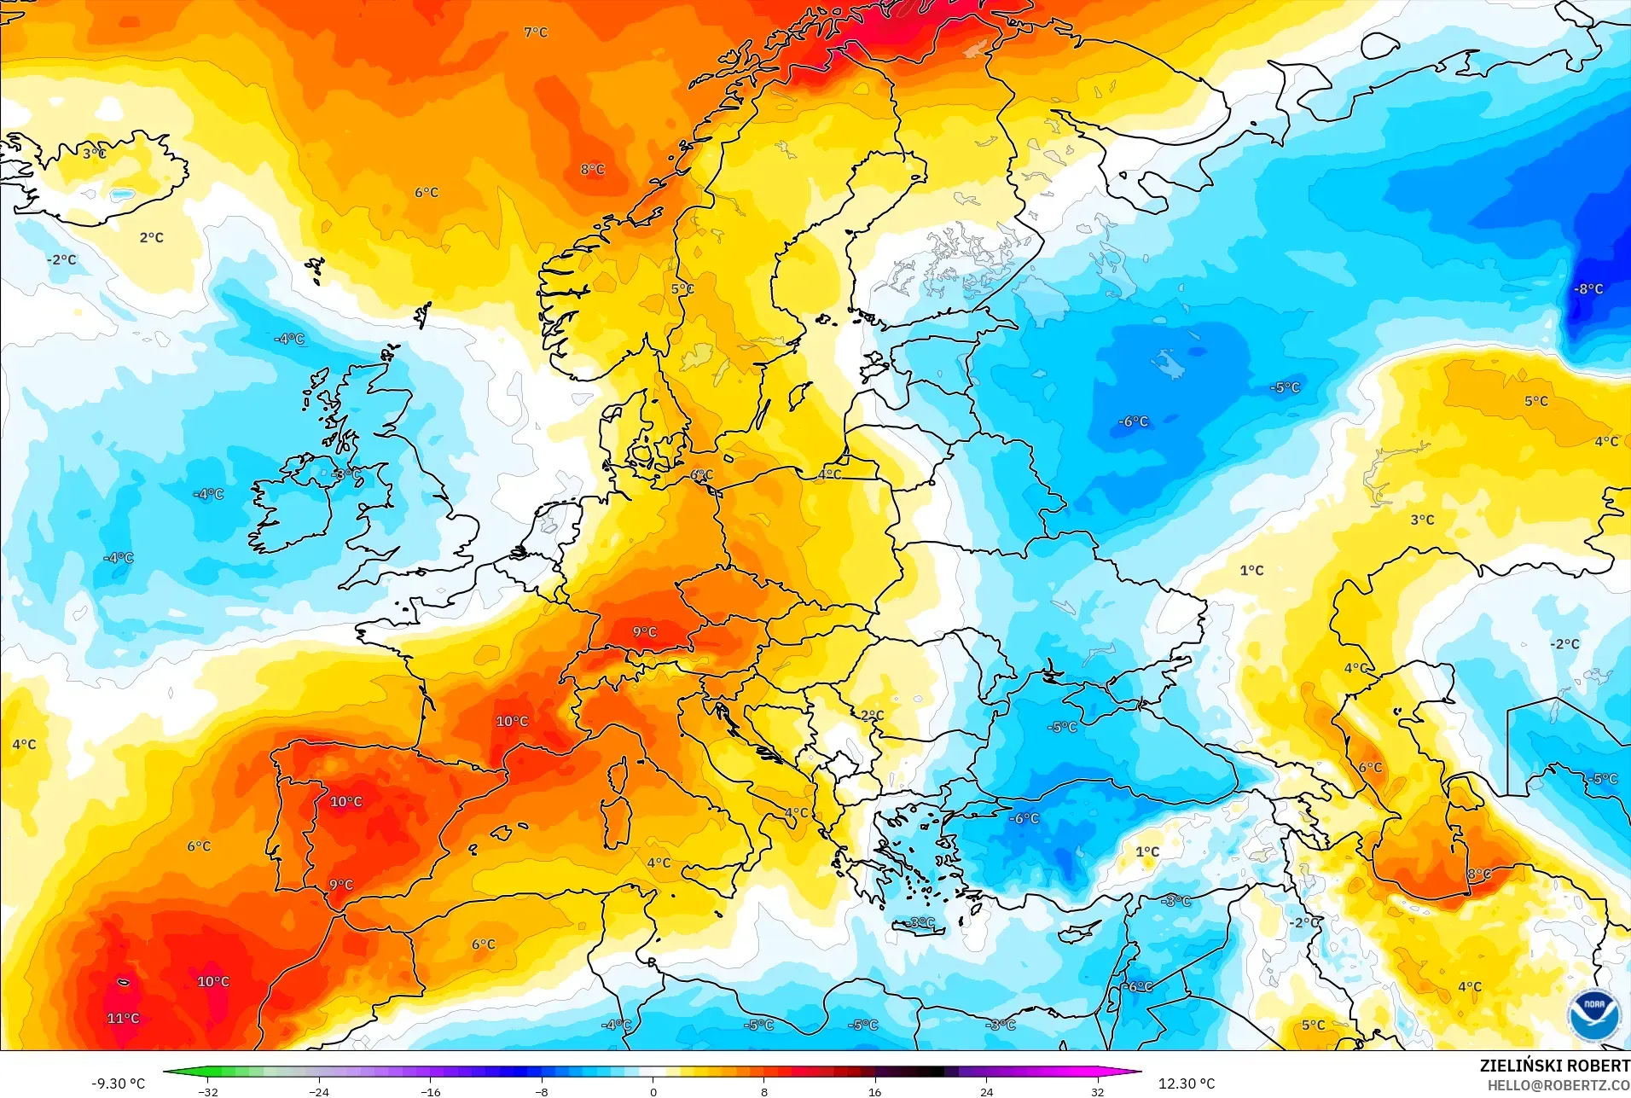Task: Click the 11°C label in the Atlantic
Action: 123,1018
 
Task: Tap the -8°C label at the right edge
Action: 1588,288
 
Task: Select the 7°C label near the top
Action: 536,32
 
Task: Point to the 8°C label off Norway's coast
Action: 592,169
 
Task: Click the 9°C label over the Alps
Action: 645,631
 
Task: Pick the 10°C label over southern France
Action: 512,721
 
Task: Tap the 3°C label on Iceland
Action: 94,154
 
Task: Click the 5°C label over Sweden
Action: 682,288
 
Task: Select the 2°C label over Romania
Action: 872,715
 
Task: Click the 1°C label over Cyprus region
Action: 1147,851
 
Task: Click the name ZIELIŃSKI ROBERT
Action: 1554,1066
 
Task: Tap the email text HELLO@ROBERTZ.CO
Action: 1558,1085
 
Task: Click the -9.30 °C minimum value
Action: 119,1083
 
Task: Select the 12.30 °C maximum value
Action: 1186,1083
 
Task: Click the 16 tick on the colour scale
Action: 874,1091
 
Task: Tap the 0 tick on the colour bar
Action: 653,1091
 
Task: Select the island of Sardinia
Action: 616,822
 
